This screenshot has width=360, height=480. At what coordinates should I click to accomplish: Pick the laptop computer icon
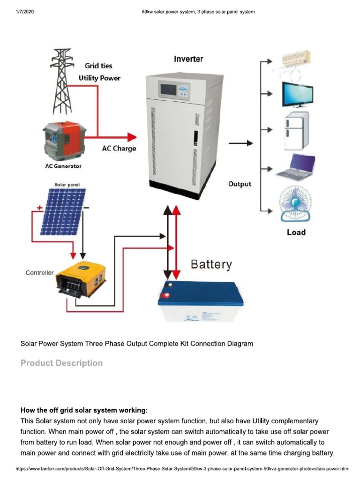click(296, 167)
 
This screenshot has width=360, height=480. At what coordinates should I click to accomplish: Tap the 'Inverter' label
click(188, 59)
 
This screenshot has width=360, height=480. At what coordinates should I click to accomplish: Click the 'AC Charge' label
click(119, 149)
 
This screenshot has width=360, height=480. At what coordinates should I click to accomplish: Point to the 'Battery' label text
click(211, 265)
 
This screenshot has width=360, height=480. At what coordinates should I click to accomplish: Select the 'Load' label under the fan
click(296, 232)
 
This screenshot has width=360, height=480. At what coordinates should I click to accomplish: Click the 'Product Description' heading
click(61, 363)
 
